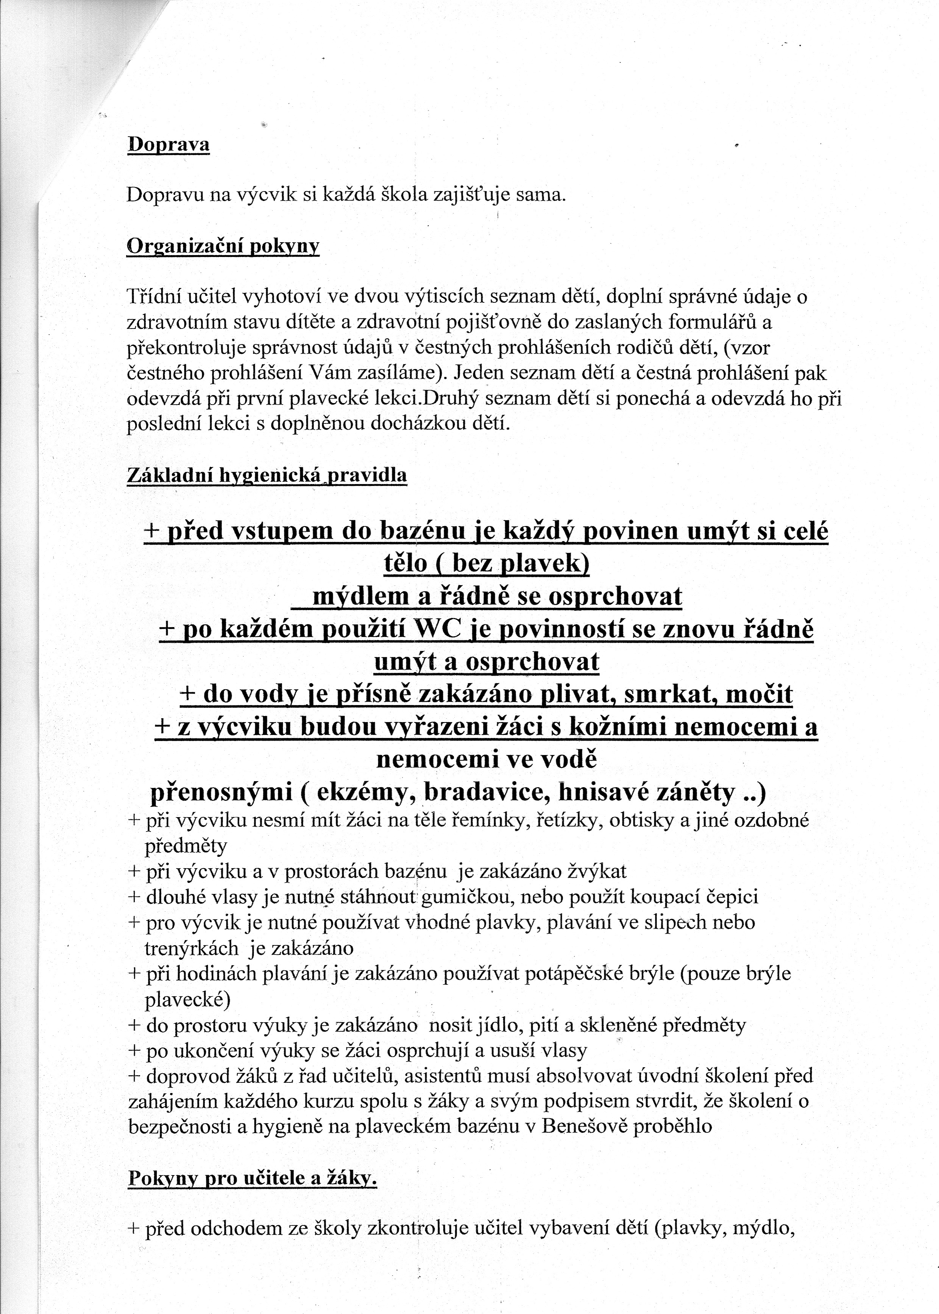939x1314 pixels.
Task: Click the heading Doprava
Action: point(168,145)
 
